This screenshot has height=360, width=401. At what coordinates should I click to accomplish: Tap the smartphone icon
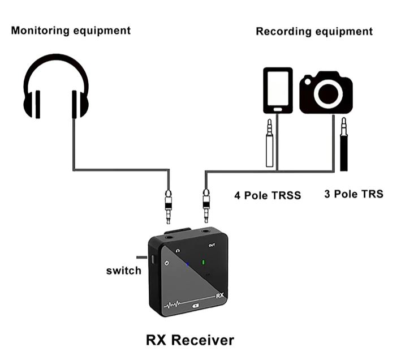tap(278, 91)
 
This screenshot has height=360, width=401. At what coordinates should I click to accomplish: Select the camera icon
tap(326, 93)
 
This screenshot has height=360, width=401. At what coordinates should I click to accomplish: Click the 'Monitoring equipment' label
tap(71, 30)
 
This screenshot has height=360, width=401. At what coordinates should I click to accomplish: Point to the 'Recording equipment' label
tap(314, 31)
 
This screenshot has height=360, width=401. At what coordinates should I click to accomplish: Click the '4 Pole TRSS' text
tap(268, 196)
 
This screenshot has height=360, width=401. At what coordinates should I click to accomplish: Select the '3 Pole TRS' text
tap(353, 194)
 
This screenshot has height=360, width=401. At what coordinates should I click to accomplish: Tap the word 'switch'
tap(123, 271)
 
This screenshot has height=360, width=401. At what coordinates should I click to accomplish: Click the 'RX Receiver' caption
tap(189, 340)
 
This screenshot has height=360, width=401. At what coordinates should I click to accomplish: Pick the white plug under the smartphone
tap(270, 144)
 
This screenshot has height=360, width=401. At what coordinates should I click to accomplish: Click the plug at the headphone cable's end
tap(168, 206)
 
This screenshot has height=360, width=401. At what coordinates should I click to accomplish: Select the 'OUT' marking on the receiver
tap(212, 245)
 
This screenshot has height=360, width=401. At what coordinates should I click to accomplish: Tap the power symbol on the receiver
tap(167, 263)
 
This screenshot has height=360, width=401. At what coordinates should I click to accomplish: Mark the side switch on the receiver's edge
tap(153, 259)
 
